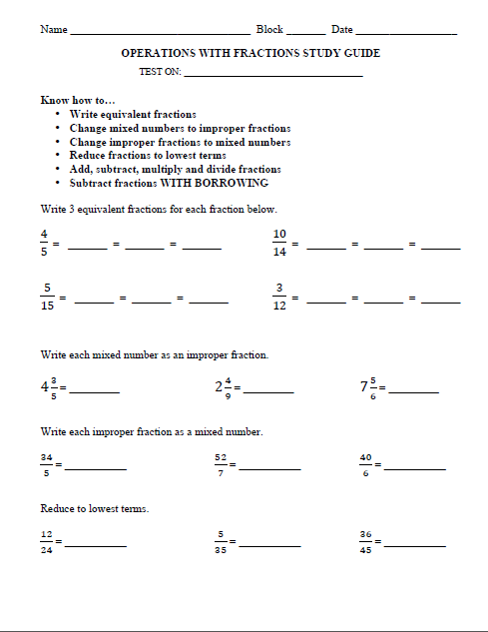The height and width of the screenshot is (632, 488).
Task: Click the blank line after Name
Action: click(159, 33)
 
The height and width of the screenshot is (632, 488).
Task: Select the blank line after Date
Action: click(406, 33)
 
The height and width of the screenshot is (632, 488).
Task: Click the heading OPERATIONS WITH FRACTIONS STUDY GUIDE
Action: click(250, 53)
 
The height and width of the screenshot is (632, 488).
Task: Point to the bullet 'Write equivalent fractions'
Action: click(133, 115)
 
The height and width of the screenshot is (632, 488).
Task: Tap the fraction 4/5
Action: click(44, 243)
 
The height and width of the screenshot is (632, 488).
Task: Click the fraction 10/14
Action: click(279, 243)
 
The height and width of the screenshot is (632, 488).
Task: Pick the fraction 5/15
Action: click(46, 298)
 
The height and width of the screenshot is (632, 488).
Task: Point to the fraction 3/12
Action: click(279, 298)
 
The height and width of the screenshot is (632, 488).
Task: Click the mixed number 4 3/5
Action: click(47, 387)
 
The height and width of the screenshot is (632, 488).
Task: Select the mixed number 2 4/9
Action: click(223, 387)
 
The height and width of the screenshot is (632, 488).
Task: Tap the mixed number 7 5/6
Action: click(368, 387)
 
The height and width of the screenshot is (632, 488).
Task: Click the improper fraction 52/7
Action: click(220, 465)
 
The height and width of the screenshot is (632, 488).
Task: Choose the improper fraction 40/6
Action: click(365, 465)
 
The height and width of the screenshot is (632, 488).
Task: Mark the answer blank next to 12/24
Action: click(96, 546)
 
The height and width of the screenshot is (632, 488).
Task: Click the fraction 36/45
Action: click(365, 542)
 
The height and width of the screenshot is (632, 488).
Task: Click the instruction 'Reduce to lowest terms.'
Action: click(95, 509)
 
